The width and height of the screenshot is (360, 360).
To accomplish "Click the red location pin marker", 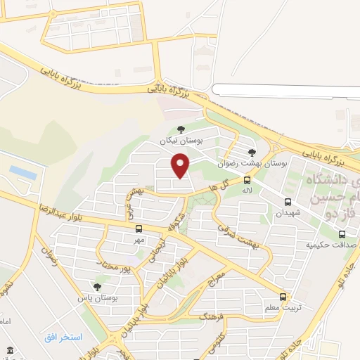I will (181, 165).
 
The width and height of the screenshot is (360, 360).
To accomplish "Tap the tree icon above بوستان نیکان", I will (181, 129).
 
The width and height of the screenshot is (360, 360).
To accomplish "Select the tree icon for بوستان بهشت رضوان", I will (252, 151).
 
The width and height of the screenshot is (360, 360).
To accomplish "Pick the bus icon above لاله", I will (247, 180).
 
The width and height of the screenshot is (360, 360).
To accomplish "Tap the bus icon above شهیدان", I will (288, 201).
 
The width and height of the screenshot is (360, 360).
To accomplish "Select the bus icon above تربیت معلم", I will (283, 297).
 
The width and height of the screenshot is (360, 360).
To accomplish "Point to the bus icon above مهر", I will (139, 229).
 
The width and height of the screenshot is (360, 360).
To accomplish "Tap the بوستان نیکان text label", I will (181, 141).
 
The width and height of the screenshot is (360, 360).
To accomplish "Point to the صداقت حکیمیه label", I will (331, 245).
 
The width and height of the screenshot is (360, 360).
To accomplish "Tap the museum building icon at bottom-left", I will (9, 350).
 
